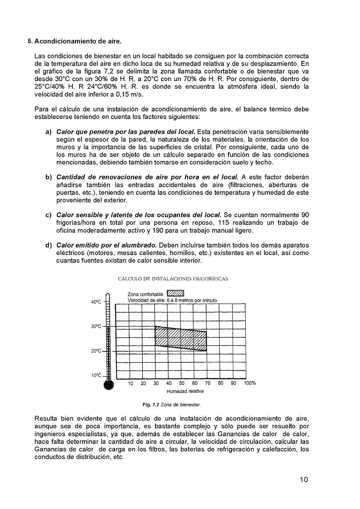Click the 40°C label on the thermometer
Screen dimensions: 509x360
96,302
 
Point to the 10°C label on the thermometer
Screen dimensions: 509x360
96,376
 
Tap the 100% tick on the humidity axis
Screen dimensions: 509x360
250,383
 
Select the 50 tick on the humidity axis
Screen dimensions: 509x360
182,383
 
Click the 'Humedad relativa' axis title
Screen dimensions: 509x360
185,391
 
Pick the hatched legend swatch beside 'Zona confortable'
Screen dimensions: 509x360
175,293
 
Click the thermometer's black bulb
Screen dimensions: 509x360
108,385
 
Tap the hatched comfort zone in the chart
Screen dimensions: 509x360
180,337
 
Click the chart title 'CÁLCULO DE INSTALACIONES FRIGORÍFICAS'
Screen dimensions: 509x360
173,279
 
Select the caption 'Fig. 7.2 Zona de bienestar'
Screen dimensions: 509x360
171,405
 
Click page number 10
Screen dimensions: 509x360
304,479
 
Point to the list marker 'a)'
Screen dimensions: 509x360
48,132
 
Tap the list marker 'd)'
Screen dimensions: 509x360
48,245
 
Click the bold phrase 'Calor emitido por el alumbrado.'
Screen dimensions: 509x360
106,245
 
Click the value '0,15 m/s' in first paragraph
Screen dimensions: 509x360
130,94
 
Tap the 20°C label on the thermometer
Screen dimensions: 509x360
96,351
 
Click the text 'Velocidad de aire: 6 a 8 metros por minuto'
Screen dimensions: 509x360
172,300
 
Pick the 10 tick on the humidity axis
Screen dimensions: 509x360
130,383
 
